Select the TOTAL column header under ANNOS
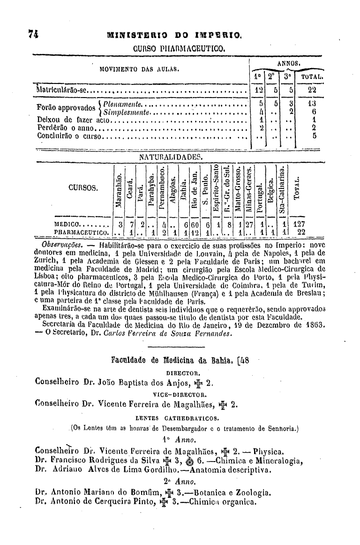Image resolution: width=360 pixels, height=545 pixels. coord(309,77)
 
